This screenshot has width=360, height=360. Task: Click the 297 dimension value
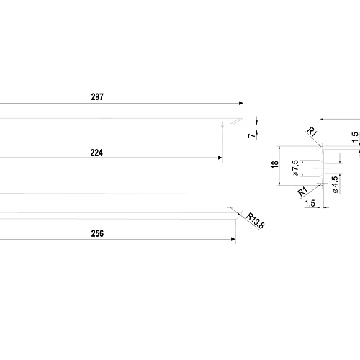(97, 97)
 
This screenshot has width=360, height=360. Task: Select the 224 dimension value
(96, 153)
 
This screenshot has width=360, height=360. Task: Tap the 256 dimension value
(97, 233)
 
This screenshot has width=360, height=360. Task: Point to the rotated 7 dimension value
(251, 135)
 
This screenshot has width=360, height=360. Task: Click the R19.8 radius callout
(256, 221)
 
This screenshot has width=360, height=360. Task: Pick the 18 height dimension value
(275, 165)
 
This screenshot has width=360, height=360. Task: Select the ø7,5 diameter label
(296, 168)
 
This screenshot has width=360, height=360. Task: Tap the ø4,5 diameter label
(336, 184)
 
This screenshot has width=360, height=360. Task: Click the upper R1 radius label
(312, 132)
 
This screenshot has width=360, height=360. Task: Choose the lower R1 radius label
(302, 192)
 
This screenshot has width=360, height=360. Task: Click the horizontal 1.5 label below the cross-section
(310, 204)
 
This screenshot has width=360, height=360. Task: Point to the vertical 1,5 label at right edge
(356, 137)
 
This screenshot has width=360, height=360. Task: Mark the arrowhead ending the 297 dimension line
(241, 103)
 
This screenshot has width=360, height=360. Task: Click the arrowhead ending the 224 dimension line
(220, 158)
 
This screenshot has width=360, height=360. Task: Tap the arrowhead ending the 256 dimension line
(233, 239)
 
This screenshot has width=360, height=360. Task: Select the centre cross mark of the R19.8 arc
(230, 207)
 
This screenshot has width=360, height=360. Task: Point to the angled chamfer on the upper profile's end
(235, 122)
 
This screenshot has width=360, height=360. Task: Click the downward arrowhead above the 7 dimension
(257, 123)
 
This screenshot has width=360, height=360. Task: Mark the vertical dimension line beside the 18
(279, 166)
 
